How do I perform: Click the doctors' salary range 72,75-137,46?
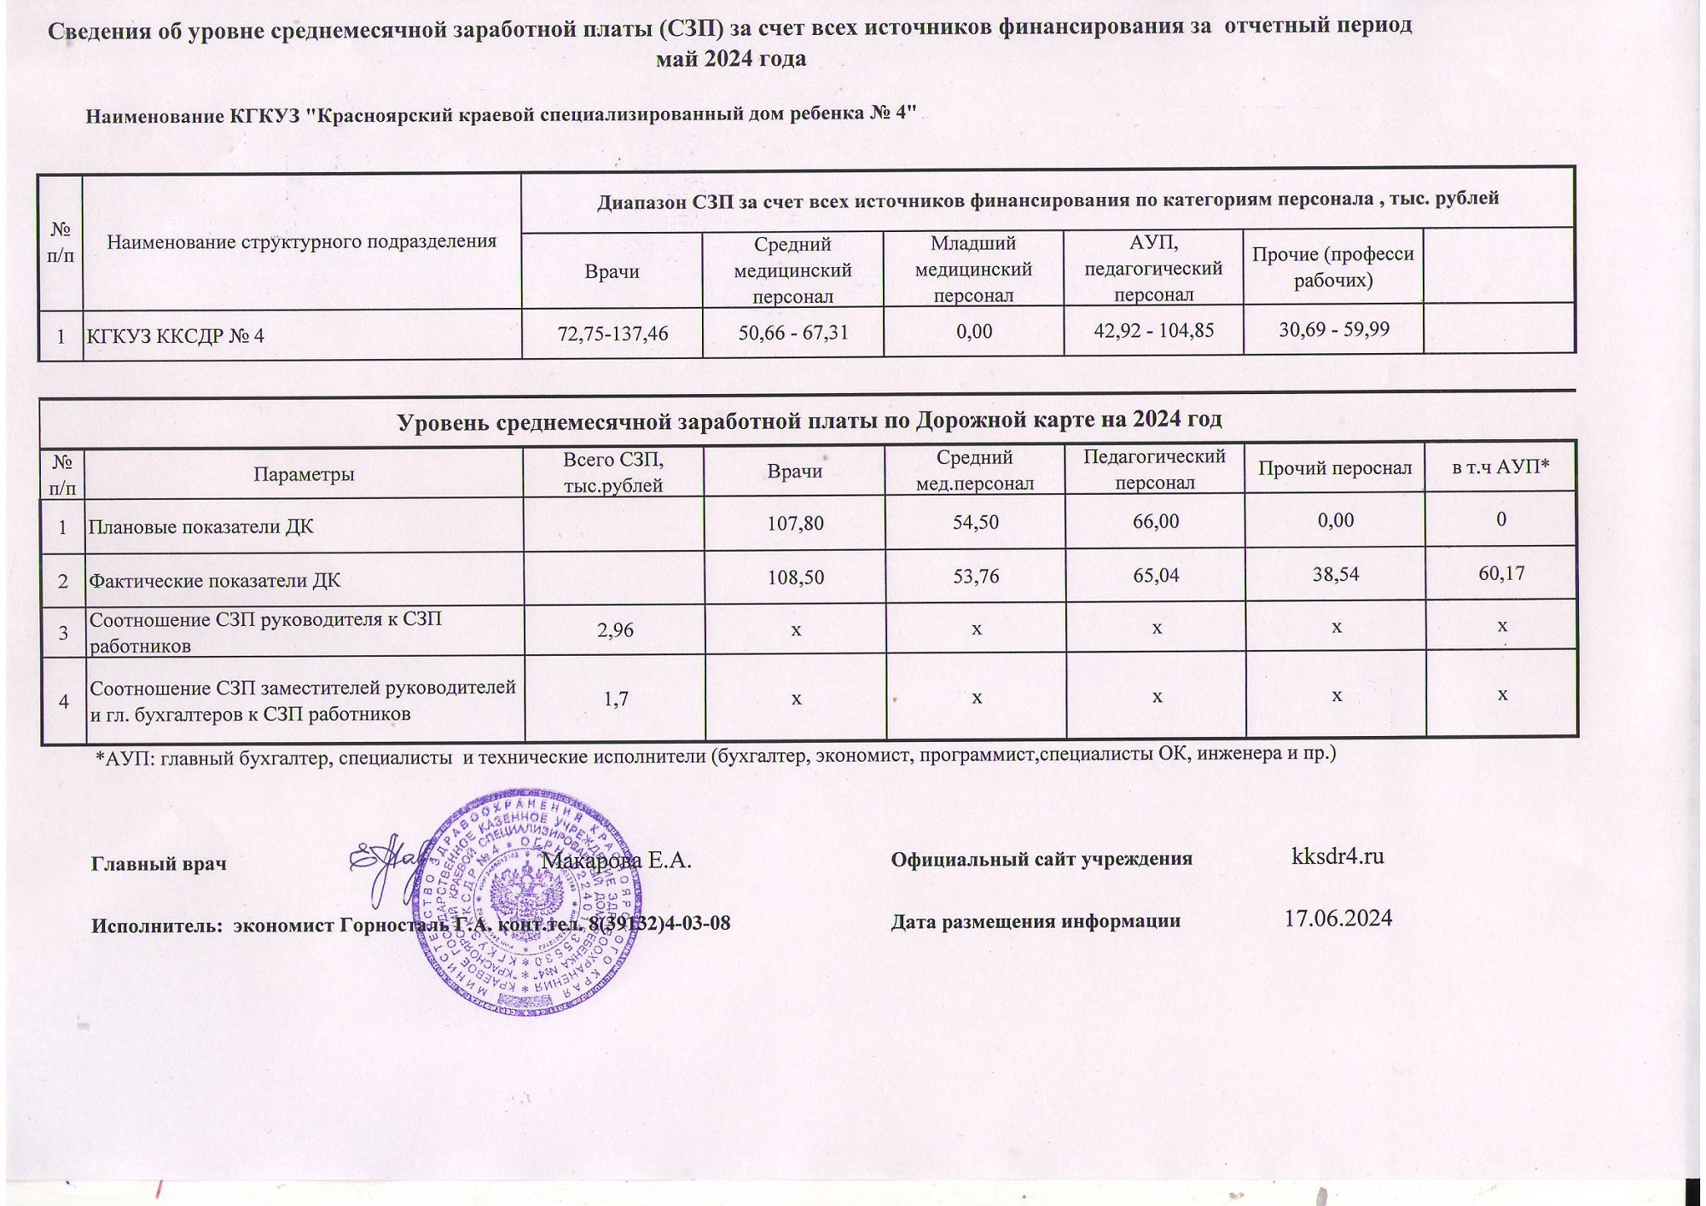612,333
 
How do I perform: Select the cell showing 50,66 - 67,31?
793,332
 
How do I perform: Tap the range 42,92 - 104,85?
1153,330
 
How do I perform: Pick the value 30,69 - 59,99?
1334,328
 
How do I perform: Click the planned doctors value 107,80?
795,523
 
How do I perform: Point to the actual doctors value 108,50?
795,577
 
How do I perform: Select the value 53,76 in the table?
975,576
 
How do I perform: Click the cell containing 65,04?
1156,575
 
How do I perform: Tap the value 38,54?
1336,575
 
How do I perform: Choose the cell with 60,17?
1501,573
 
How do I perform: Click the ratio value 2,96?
614,630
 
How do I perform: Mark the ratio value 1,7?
615,699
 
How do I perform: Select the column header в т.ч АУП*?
1500,467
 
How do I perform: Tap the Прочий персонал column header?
1335,468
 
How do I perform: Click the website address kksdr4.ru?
1338,855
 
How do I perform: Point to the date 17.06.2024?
1338,919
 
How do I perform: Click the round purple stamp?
526,904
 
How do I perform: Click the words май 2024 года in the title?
731,59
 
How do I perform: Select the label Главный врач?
159,863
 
